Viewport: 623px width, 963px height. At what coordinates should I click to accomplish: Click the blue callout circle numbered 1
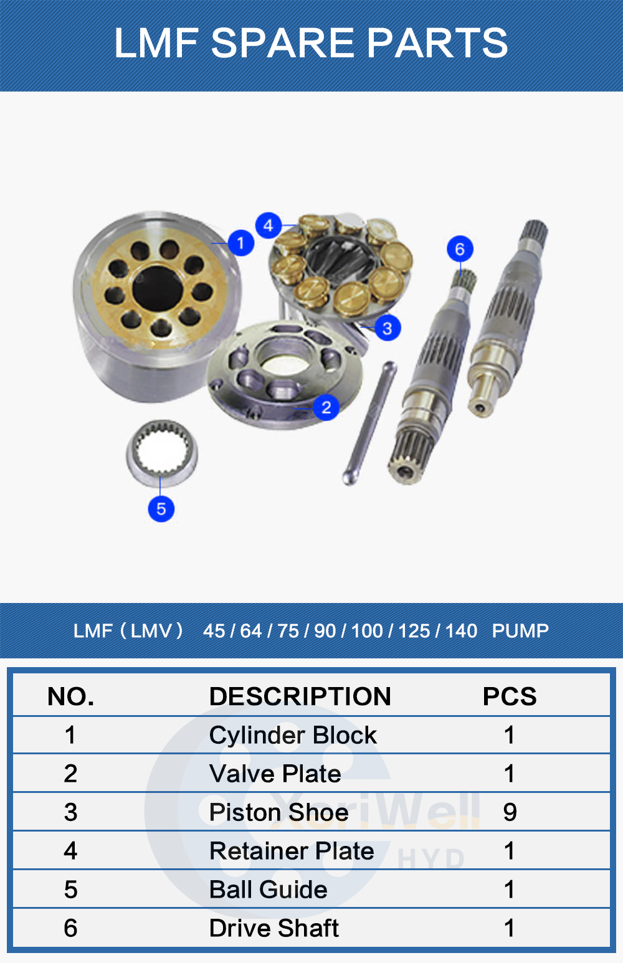[240, 243]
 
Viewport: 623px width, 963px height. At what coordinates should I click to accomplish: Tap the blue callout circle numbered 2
[326, 407]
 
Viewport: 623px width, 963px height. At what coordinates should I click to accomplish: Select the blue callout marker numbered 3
[388, 328]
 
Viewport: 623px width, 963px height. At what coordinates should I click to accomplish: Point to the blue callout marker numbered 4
[269, 225]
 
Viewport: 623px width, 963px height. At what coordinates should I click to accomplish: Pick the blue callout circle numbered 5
[161, 509]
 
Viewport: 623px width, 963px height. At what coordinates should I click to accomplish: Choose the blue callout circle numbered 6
[460, 249]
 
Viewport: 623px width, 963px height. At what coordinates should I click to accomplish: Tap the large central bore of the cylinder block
[158, 288]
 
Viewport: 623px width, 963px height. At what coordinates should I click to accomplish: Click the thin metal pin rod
[369, 424]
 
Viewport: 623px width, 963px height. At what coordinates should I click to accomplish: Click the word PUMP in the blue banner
[520, 630]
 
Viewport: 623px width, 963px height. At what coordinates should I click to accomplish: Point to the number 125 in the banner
[414, 630]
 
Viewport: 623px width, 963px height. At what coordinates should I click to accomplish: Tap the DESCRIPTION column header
[300, 696]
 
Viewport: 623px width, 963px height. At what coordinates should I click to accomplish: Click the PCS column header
[510, 696]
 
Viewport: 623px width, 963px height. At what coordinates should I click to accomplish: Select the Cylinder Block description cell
[293, 735]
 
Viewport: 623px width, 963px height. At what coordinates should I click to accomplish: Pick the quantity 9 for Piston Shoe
[510, 812]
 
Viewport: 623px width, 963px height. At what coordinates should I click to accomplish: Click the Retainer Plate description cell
[292, 850]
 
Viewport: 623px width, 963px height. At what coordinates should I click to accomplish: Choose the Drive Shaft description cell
[274, 927]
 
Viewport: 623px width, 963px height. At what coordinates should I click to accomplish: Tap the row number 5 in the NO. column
[70, 889]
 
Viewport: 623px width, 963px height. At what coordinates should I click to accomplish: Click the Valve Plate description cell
[275, 774]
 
